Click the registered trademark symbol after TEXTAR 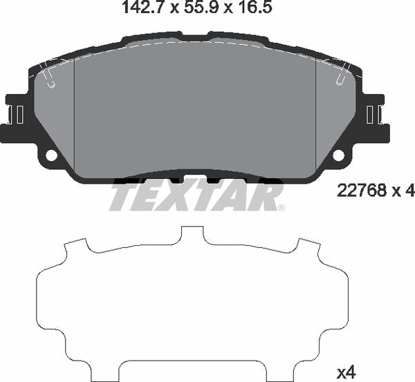tap(281, 207)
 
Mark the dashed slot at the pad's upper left tap(47, 77)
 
